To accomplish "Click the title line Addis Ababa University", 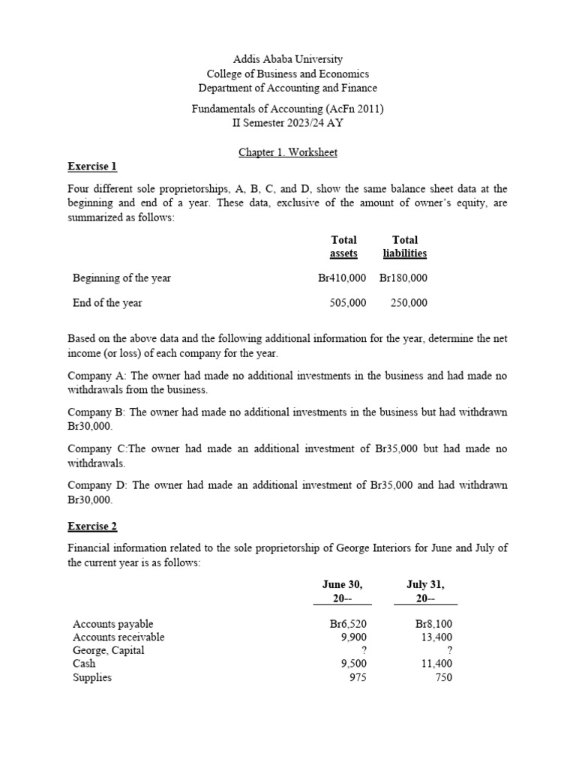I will (x=288, y=58).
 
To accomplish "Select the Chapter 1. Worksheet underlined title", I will (x=288, y=152).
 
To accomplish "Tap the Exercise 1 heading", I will (x=92, y=166).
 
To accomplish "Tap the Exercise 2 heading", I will (x=92, y=526).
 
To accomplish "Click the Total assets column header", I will (x=343, y=247).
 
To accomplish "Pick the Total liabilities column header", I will (x=404, y=247).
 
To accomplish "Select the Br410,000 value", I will (x=342, y=277).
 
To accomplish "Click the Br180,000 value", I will (x=403, y=277).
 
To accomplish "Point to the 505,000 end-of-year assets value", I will (x=348, y=303).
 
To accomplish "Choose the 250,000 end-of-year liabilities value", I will (x=409, y=303).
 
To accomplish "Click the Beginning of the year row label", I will (x=121, y=277).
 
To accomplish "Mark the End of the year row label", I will (x=107, y=303).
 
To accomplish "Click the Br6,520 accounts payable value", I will (x=348, y=624).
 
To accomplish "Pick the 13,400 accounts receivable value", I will (x=437, y=637).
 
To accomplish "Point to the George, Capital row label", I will (x=109, y=650).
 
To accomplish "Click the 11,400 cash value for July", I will (x=437, y=664).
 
